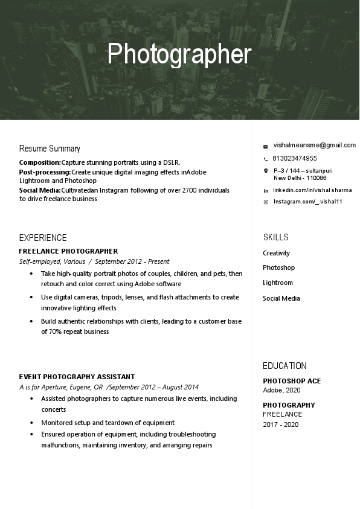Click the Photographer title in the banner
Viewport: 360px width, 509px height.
[179, 54]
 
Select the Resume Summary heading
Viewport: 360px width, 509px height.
[50, 149]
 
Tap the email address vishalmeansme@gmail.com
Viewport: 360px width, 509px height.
[314, 146]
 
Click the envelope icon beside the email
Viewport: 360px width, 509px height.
[265, 146]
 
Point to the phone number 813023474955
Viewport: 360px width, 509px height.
[295, 158]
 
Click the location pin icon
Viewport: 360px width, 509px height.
[265, 171]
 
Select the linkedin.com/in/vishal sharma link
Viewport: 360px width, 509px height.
[312, 190]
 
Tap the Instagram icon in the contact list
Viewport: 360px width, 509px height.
[265, 202]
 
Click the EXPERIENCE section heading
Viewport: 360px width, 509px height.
[43, 238]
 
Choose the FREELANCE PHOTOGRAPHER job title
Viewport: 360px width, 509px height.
[68, 251]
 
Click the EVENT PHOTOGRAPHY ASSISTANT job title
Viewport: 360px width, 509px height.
[77, 377]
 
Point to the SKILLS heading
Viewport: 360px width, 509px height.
[275, 237]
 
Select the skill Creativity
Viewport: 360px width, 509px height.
[276, 253]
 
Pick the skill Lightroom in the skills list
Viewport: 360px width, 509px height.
[277, 283]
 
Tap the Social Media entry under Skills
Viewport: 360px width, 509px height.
[281, 298]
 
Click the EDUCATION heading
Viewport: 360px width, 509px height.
[284, 366]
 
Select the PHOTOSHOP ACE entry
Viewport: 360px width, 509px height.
[292, 381]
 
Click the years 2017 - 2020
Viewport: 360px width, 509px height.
[280, 424]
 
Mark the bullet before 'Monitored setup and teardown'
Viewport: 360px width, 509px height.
[31, 423]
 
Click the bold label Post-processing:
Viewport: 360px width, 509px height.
[45, 172]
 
